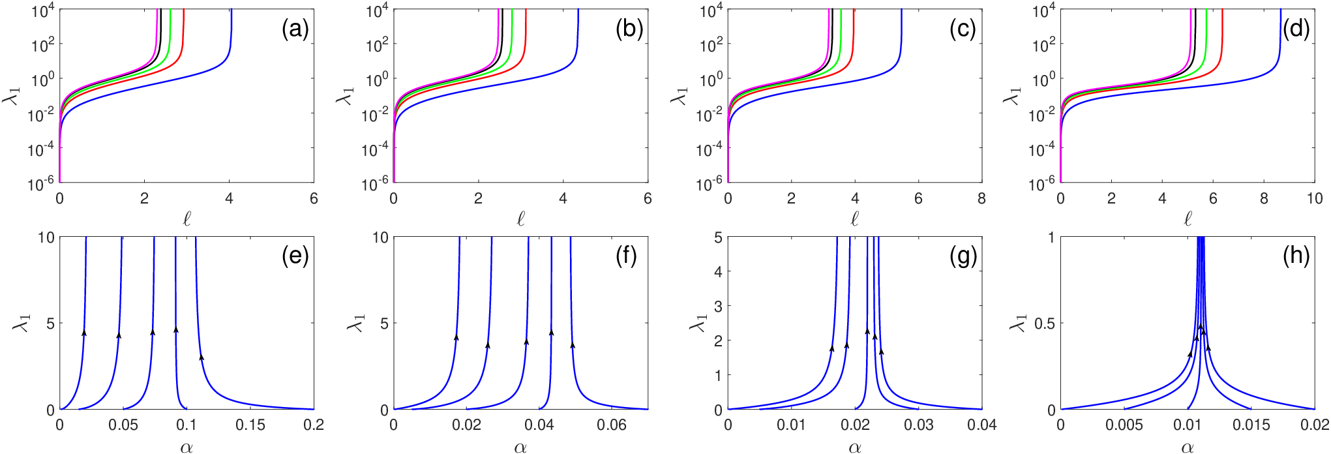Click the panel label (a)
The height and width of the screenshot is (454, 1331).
coord(295,29)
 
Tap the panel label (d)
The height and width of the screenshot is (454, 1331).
coord(1296,29)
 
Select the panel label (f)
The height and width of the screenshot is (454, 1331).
coord(626,256)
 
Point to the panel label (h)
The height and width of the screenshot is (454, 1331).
coord(1296,256)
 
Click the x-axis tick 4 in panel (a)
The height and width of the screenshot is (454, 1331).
coord(229,198)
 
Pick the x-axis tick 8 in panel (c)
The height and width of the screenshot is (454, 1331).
coord(981,198)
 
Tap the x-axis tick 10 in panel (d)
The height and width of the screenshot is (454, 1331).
coord(1315,198)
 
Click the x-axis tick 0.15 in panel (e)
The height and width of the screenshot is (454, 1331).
coord(250,425)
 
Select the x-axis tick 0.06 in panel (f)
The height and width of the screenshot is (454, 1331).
coord(612,425)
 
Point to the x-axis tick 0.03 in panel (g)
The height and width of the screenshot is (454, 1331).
coord(918,425)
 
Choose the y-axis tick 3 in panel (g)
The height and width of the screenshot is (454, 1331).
coord(718,306)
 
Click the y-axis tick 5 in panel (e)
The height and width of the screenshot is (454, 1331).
coord(50,324)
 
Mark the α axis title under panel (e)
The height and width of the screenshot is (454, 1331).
coord(187,447)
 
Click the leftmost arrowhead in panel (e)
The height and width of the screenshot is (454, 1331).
coord(84,333)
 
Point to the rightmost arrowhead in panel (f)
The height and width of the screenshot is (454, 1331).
coord(573,345)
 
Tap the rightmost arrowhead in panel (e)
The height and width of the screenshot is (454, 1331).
coord(202,357)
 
